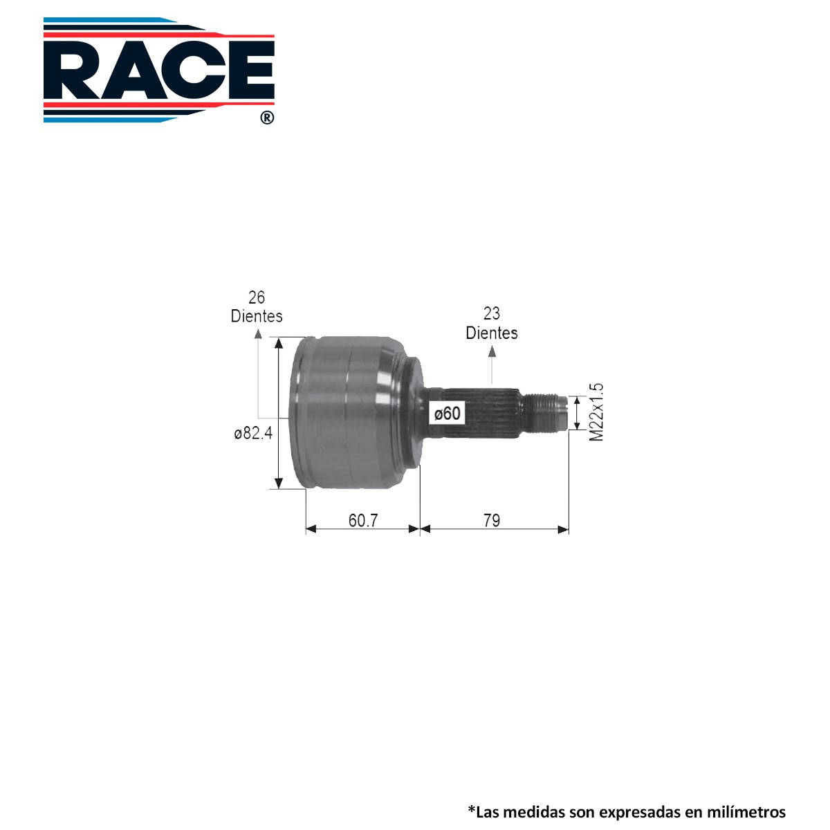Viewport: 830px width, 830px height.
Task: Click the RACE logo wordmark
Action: point(159,71)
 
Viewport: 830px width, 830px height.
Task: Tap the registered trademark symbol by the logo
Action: point(267,118)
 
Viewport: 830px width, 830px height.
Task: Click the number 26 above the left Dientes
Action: point(257,297)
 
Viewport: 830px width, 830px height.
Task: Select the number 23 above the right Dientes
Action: point(492,313)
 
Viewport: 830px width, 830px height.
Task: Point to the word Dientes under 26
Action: point(257,316)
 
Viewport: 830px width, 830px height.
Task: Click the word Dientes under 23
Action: point(492,333)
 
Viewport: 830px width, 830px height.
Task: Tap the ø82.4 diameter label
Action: point(253,433)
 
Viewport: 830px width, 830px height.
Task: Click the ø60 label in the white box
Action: point(448,414)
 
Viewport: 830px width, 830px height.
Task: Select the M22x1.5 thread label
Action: point(596,412)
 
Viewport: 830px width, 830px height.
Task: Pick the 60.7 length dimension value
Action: point(362,520)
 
